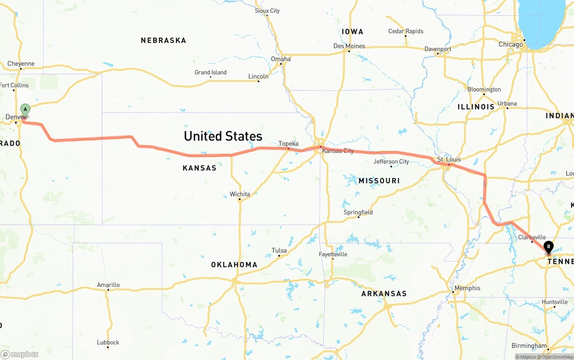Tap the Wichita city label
[239, 194]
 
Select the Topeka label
[288, 144]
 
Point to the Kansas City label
[338, 151]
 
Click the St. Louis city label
[449, 160]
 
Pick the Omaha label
[281, 59]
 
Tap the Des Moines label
[349, 46]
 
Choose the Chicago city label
[511, 44]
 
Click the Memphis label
[467, 288]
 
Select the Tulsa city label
[279, 251]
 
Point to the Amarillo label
[108, 285]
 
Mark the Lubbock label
[108, 343]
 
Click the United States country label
[223, 136]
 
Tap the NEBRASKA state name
[163, 40]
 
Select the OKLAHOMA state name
[234, 265]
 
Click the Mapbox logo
[20, 355]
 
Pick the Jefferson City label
[391, 161]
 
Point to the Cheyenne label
[21, 64]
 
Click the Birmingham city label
[529, 346]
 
